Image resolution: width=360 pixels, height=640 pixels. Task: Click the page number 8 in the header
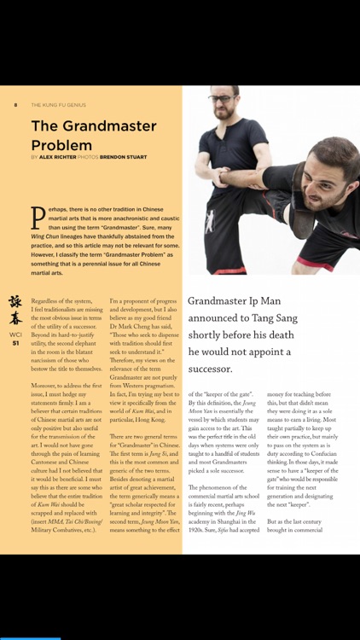point(15,105)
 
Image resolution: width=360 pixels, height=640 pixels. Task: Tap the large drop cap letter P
point(38,218)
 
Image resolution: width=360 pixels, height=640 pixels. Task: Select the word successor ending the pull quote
point(209,369)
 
